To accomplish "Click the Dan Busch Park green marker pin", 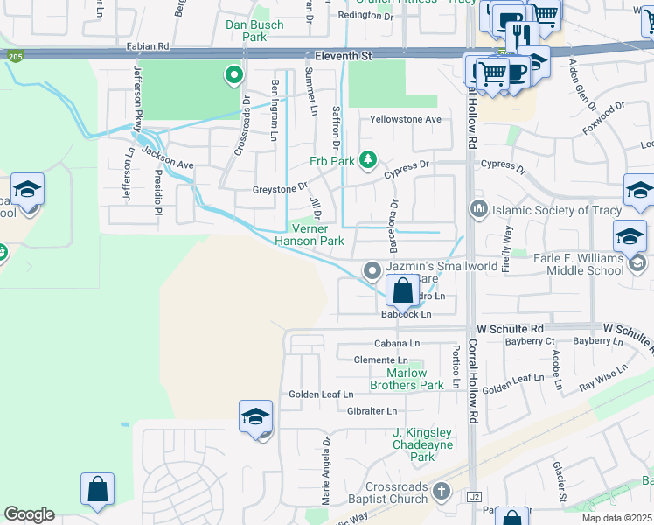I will point(233,76).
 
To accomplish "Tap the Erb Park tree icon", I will point(369,159).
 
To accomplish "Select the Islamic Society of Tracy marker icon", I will point(478,210).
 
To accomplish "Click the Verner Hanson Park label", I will point(310,234).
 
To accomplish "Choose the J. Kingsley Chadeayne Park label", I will point(422,444).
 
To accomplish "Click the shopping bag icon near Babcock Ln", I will point(401,290).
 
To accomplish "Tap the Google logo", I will point(29,514).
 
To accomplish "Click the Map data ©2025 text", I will point(617,518).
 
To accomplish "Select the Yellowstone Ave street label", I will point(406,119).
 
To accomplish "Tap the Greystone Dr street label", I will point(281,186).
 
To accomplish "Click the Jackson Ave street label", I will point(168,157).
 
